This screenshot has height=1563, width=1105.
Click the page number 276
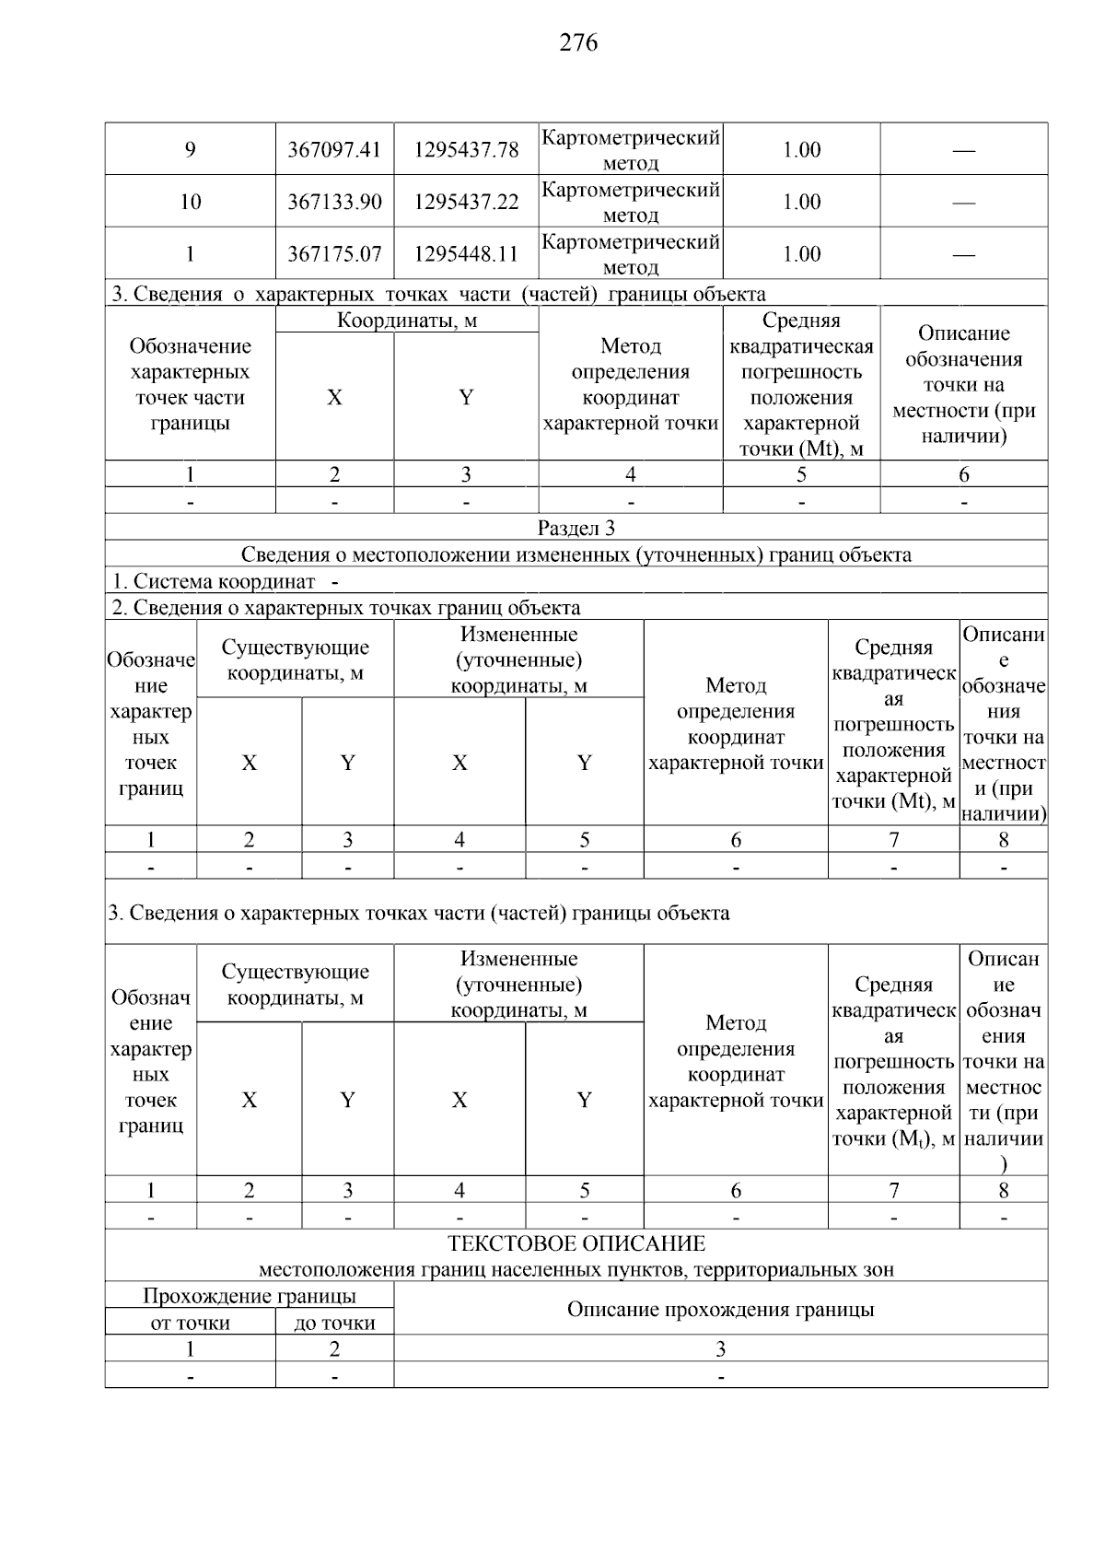pyautogui.click(x=578, y=42)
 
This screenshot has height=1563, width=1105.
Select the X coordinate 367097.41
pyautogui.click(x=334, y=150)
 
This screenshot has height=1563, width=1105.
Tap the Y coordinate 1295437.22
pyautogui.click(x=466, y=202)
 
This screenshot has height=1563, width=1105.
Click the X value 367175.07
pyautogui.click(x=334, y=254)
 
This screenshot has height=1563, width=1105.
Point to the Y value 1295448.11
pyautogui.click(x=466, y=254)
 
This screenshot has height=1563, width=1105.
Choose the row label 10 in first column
pyautogui.click(x=190, y=202)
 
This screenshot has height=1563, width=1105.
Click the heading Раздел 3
pyautogui.click(x=576, y=528)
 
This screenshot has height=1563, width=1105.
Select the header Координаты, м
pyautogui.click(x=407, y=321)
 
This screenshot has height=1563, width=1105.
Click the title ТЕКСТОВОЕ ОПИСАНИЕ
pyautogui.click(x=576, y=1243)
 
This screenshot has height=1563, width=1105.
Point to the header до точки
pyautogui.click(x=334, y=1324)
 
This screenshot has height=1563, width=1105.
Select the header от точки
pyautogui.click(x=190, y=1324)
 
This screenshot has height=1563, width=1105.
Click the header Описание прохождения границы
pyautogui.click(x=720, y=1310)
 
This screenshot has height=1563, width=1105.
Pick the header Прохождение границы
pyautogui.click(x=250, y=1297)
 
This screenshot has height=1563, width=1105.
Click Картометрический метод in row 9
pyautogui.click(x=631, y=150)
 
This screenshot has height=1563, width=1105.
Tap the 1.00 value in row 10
pyautogui.click(x=801, y=202)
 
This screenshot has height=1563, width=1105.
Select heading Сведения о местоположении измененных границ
pyautogui.click(x=576, y=554)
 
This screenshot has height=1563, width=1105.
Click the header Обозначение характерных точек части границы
pyautogui.click(x=190, y=385)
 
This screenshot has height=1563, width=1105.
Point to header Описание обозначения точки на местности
pyautogui.click(x=963, y=385)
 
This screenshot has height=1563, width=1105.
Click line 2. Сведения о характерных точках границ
pyautogui.click(x=346, y=608)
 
